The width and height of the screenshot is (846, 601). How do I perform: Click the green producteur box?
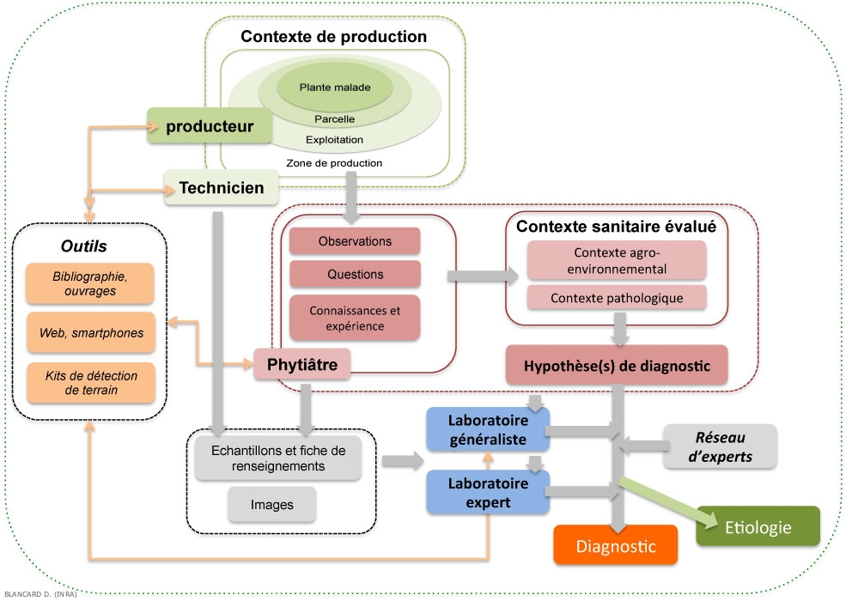pos(210,127)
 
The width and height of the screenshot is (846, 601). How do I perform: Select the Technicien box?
pos(222,186)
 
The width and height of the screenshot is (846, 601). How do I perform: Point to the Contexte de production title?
pos(333,37)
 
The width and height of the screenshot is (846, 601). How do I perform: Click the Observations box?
pos(355,241)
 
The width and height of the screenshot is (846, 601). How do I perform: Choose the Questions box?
pos(355,275)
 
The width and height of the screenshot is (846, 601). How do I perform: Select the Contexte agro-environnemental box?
pos(616,260)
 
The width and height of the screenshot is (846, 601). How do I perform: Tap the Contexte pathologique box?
pos(616,298)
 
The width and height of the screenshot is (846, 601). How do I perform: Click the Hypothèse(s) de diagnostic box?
pos(616,365)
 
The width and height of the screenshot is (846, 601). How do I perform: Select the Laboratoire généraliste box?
pos(488,429)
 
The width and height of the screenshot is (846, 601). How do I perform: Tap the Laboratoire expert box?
pos(488,491)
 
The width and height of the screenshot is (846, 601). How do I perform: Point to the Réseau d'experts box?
pos(720,446)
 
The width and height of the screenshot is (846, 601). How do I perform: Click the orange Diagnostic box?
pos(615,546)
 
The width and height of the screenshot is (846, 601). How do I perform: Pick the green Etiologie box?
pos(758,527)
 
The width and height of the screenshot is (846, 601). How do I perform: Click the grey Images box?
pos(271,504)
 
